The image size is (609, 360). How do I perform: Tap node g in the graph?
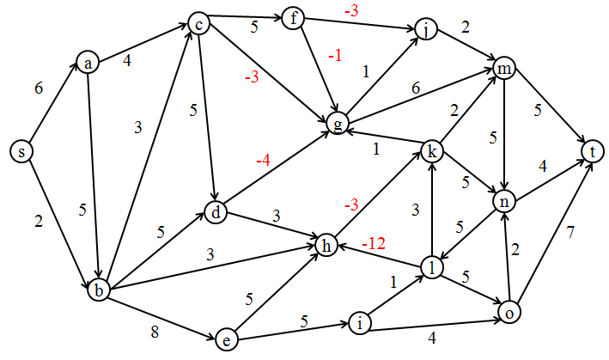point(339,125)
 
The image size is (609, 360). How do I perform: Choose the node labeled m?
point(503,70)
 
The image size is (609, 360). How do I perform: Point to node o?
point(509,314)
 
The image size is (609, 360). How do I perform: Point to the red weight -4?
point(263,161)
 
